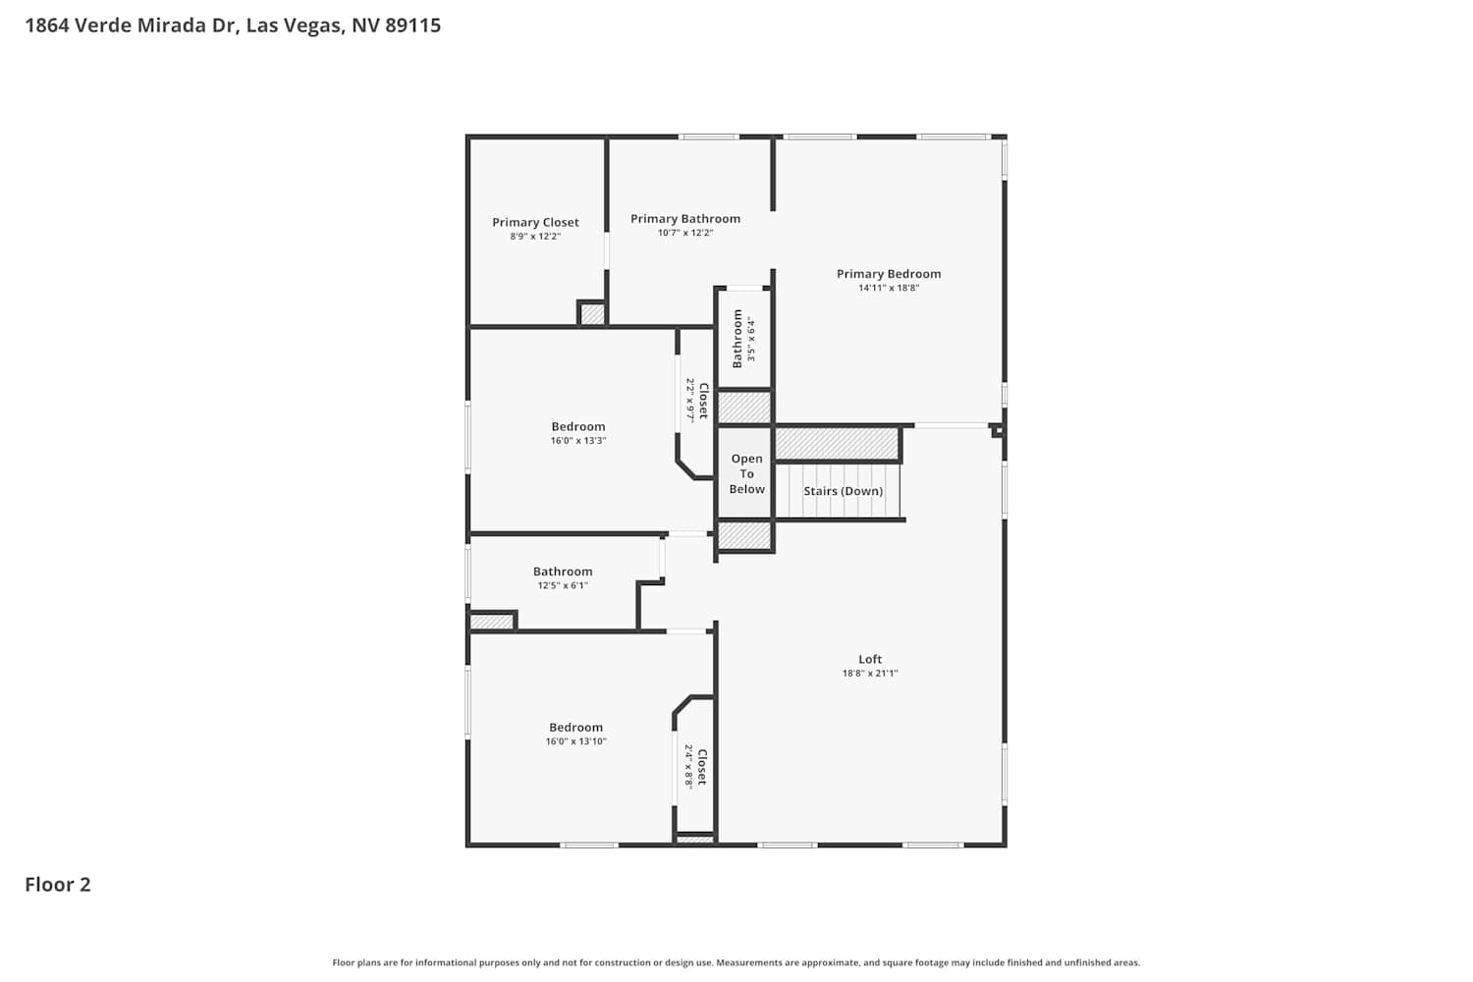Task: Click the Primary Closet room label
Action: (x=535, y=222)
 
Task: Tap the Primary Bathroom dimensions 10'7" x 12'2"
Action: (x=685, y=233)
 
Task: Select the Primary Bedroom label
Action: (x=889, y=274)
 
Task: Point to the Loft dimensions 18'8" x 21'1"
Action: (x=870, y=673)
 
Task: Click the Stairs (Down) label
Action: (x=843, y=491)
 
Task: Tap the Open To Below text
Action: (x=747, y=473)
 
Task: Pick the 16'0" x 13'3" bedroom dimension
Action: (x=578, y=441)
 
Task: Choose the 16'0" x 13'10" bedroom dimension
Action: (x=576, y=741)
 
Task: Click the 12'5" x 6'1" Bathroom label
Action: (x=563, y=572)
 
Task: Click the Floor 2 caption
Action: (x=58, y=885)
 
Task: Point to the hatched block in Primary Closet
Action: (x=592, y=313)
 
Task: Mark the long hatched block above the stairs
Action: (x=837, y=444)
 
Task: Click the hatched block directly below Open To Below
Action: (x=743, y=535)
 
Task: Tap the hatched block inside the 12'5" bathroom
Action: (x=492, y=622)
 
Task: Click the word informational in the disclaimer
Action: (x=445, y=962)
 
